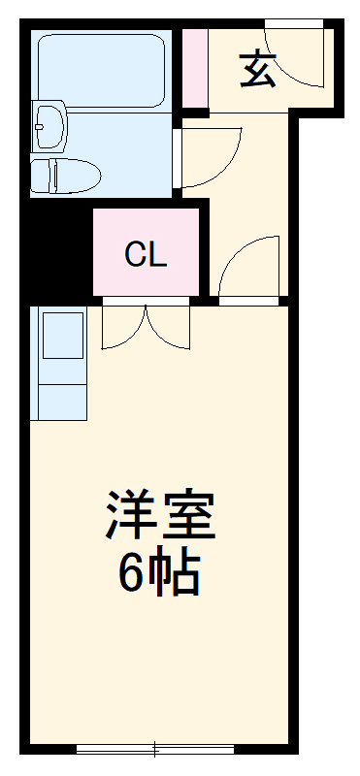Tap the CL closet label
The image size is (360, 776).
147,254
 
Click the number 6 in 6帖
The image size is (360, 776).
131,575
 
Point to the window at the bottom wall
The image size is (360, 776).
155,749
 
